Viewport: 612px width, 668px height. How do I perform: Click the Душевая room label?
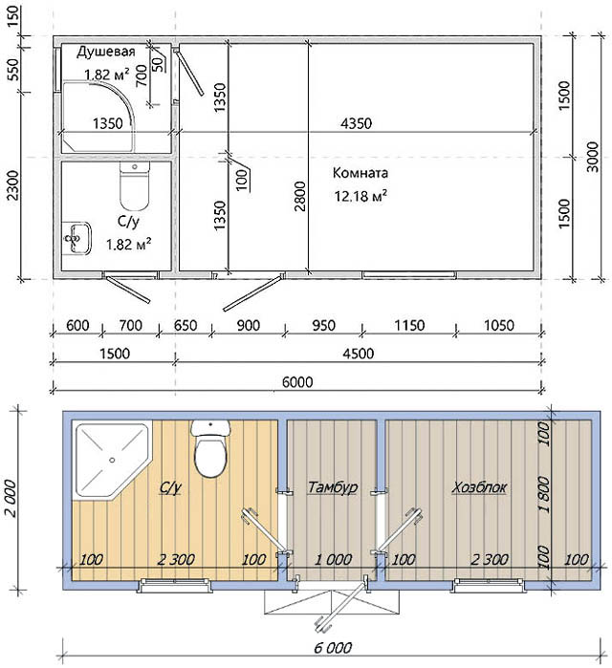click(106, 52)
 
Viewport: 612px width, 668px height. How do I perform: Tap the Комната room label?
click(361, 173)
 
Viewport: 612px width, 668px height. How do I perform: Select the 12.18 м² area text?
click(361, 196)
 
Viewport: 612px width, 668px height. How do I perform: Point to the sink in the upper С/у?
click(77, 238)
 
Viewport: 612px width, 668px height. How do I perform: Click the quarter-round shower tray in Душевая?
click(98, 117)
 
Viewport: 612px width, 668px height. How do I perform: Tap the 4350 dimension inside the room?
click(357, 123)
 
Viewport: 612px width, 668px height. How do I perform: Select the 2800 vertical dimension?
click(300, 196)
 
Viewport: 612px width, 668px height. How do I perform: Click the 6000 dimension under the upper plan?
click(297, 381)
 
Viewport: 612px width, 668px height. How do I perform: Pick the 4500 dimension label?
click(359, 354)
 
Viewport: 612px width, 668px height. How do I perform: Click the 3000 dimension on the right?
click(593, 157)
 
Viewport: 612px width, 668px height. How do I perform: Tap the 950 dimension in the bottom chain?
click(323, 326)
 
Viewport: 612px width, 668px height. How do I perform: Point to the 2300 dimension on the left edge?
click(13, 185)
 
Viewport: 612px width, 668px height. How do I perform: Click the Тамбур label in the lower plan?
click(333, 486)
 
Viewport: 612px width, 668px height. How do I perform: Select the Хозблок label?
click(479, 486)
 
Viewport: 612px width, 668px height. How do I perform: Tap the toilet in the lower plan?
click(210, 448)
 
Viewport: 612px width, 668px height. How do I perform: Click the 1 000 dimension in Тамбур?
click(334, 559)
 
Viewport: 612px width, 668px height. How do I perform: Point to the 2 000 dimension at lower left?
click(11, 499)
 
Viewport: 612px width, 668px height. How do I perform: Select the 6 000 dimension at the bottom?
click(333, 648)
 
